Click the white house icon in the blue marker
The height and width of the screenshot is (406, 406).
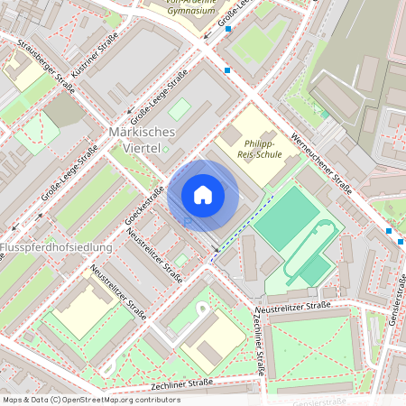coord(203,195)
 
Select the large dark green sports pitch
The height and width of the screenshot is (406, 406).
coord(288,217)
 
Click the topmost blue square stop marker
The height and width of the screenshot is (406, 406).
coord(228,29)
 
